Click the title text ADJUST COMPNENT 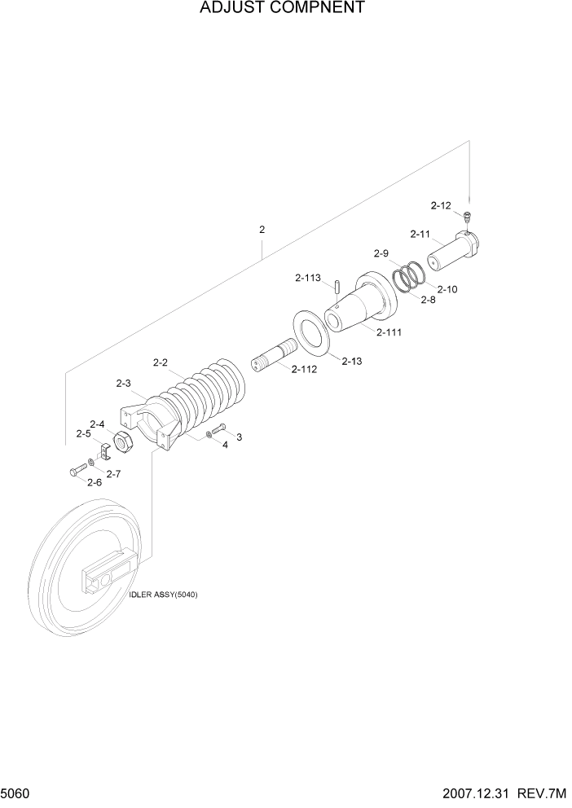pos(271,8)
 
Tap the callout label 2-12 pos(441,205)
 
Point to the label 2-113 pos(307,278)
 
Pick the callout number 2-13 pos(351,361)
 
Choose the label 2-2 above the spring pos(161,362)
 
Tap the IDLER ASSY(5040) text pos(163,594)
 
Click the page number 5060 pos(15,793)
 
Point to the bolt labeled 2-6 pos(77,470)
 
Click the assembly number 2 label pos(262,230)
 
